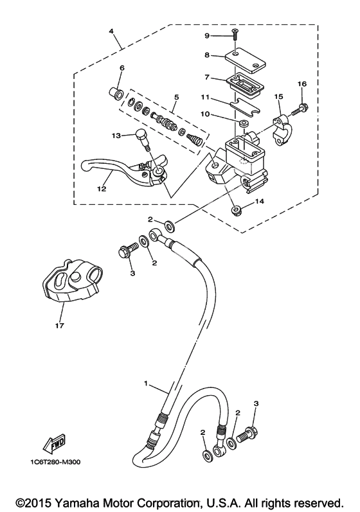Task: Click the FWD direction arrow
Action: (55, 444)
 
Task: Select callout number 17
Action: (60, 326)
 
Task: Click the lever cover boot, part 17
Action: (72, 282)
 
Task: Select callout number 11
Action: (205, 98)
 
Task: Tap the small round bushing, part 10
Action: (242, 123)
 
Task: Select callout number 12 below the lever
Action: (102, 189)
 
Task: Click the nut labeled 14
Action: (235, 211)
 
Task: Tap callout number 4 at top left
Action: (111, 31)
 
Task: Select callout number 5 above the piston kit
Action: (176, 97)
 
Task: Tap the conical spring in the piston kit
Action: (195, 142)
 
